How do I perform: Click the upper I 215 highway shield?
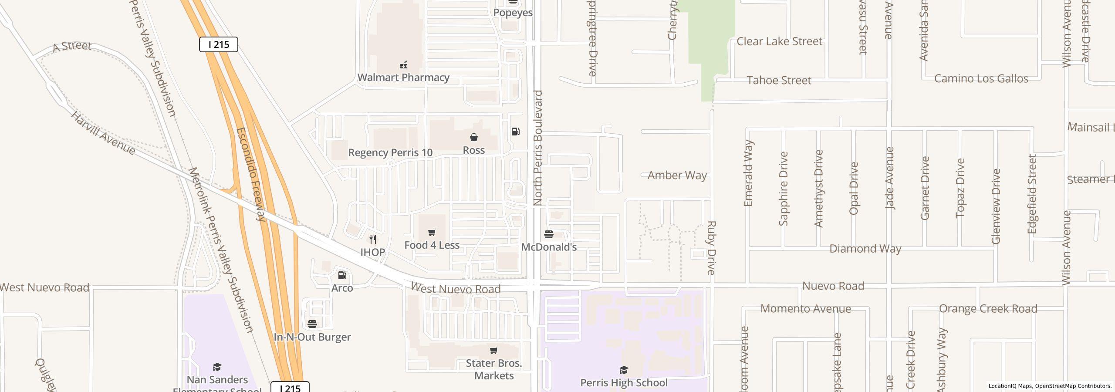pyautogui.click(x=218, y=44)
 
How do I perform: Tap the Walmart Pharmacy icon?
pyautogui.click(x=403, y=65)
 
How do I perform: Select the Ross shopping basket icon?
pyautogui.click(x=473, y=138)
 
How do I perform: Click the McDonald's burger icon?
pyautogui.click(x=549, y=234)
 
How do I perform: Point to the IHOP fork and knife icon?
pyautogui.click(x=373, y=240)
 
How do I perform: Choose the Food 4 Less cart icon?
pyautogui.click(x=432, y=233)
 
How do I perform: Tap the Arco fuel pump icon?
pyautogui.click(x=342, y=275)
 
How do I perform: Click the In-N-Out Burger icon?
pyautogui.click(x=312, y=324)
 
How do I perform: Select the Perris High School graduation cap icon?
pyautogui.click(x=624, y=370)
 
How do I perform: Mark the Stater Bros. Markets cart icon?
pyautogui.click(x=493, y=351)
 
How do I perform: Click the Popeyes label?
pyautogui.click(x=513, y=13)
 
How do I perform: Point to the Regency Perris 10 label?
pyautogui.click(x=390, y=152)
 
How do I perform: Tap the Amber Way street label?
pyautogui.click(x=677, y=175)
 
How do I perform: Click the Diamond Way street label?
pyautogui.click(x=865, y=249)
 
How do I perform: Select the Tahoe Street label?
pyautogui.click(x=779, y=80)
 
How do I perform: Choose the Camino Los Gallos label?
pyautogui.click(x=981, y=79)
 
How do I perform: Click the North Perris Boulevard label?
pyautogui.click(x=538, y=148)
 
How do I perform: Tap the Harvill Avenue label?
pyautogui.click(x=103, y=133)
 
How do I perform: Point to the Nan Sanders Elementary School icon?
pyautogui.click(x=217, y=367)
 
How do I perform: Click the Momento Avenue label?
pyautogui.click(x=805, y=309)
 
